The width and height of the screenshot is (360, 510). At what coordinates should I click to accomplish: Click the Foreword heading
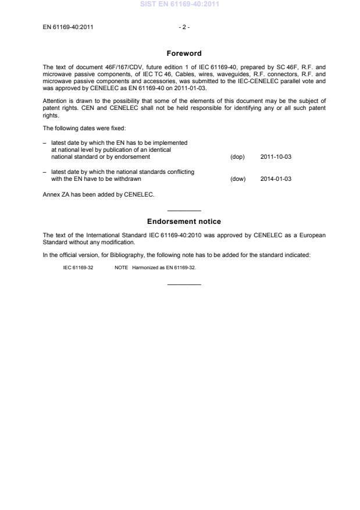[x=184, y=54]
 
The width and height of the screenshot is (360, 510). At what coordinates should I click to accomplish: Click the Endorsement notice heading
[x=184, y=222]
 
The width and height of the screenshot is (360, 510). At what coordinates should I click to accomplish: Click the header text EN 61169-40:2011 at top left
[x=69, y=27]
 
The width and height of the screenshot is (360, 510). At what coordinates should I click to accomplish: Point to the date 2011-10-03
[x=276, y=157]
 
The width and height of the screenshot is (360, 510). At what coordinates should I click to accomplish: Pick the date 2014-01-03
[x=276, y=179]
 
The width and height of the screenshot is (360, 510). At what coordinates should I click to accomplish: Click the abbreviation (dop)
[x=237, y=157]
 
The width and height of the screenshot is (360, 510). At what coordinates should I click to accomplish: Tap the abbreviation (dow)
[x=238, y=179]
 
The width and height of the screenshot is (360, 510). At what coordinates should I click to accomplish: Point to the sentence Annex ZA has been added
[x=99, y=194]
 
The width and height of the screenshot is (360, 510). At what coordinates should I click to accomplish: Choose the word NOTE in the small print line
[x=121, y=268]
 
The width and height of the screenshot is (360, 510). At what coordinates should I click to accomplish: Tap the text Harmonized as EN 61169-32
[x=164, y=268]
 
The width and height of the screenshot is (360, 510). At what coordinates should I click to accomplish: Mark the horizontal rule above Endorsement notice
[x=184, y=211]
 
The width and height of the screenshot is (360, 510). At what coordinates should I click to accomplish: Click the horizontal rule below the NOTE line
[x=184, y=284]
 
